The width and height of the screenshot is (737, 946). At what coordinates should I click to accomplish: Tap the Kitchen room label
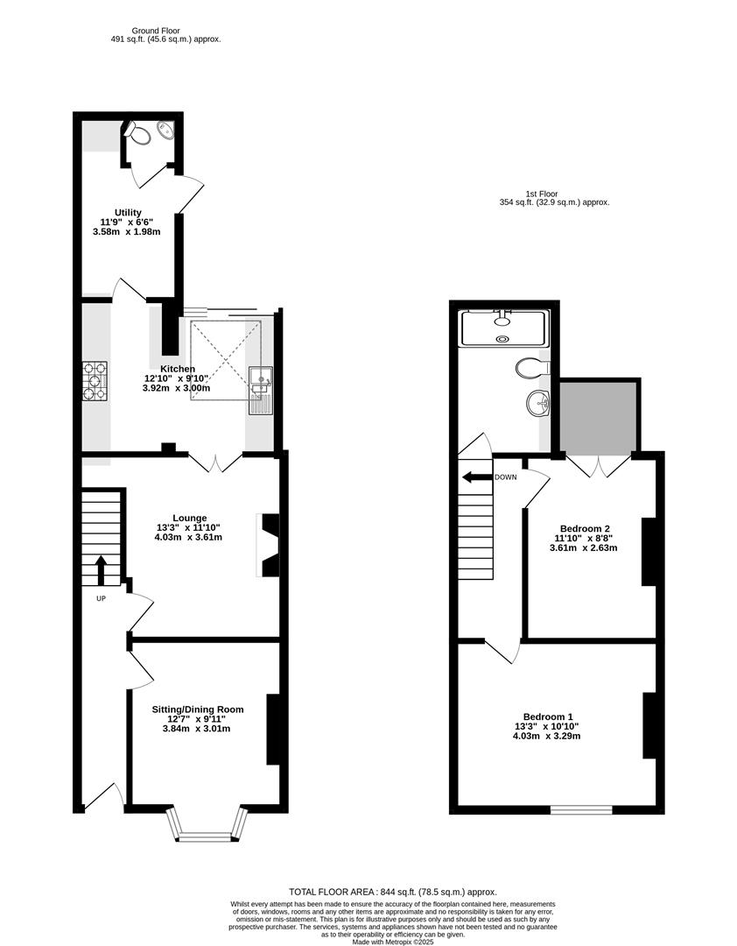point(178,369)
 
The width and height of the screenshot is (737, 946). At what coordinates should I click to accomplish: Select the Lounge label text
point(189,518)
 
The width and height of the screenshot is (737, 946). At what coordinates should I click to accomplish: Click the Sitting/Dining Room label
point(198,709)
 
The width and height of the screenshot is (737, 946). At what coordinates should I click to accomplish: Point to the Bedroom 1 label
point(547,715)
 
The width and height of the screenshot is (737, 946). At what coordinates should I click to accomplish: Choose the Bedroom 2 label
point(585,528)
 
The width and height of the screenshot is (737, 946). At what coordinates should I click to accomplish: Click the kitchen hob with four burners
point(95,380)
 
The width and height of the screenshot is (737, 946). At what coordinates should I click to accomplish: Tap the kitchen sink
point(261,378)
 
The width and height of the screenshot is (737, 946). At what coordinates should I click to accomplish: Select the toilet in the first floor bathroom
point(531,366)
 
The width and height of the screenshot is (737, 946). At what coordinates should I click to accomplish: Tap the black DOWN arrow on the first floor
point(477,477)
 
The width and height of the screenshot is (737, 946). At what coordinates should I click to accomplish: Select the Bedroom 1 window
point(581,809)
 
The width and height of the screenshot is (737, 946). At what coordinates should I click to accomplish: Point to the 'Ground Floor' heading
point(158,31)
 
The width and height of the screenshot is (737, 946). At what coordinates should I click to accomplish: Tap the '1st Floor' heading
point(541,194)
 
